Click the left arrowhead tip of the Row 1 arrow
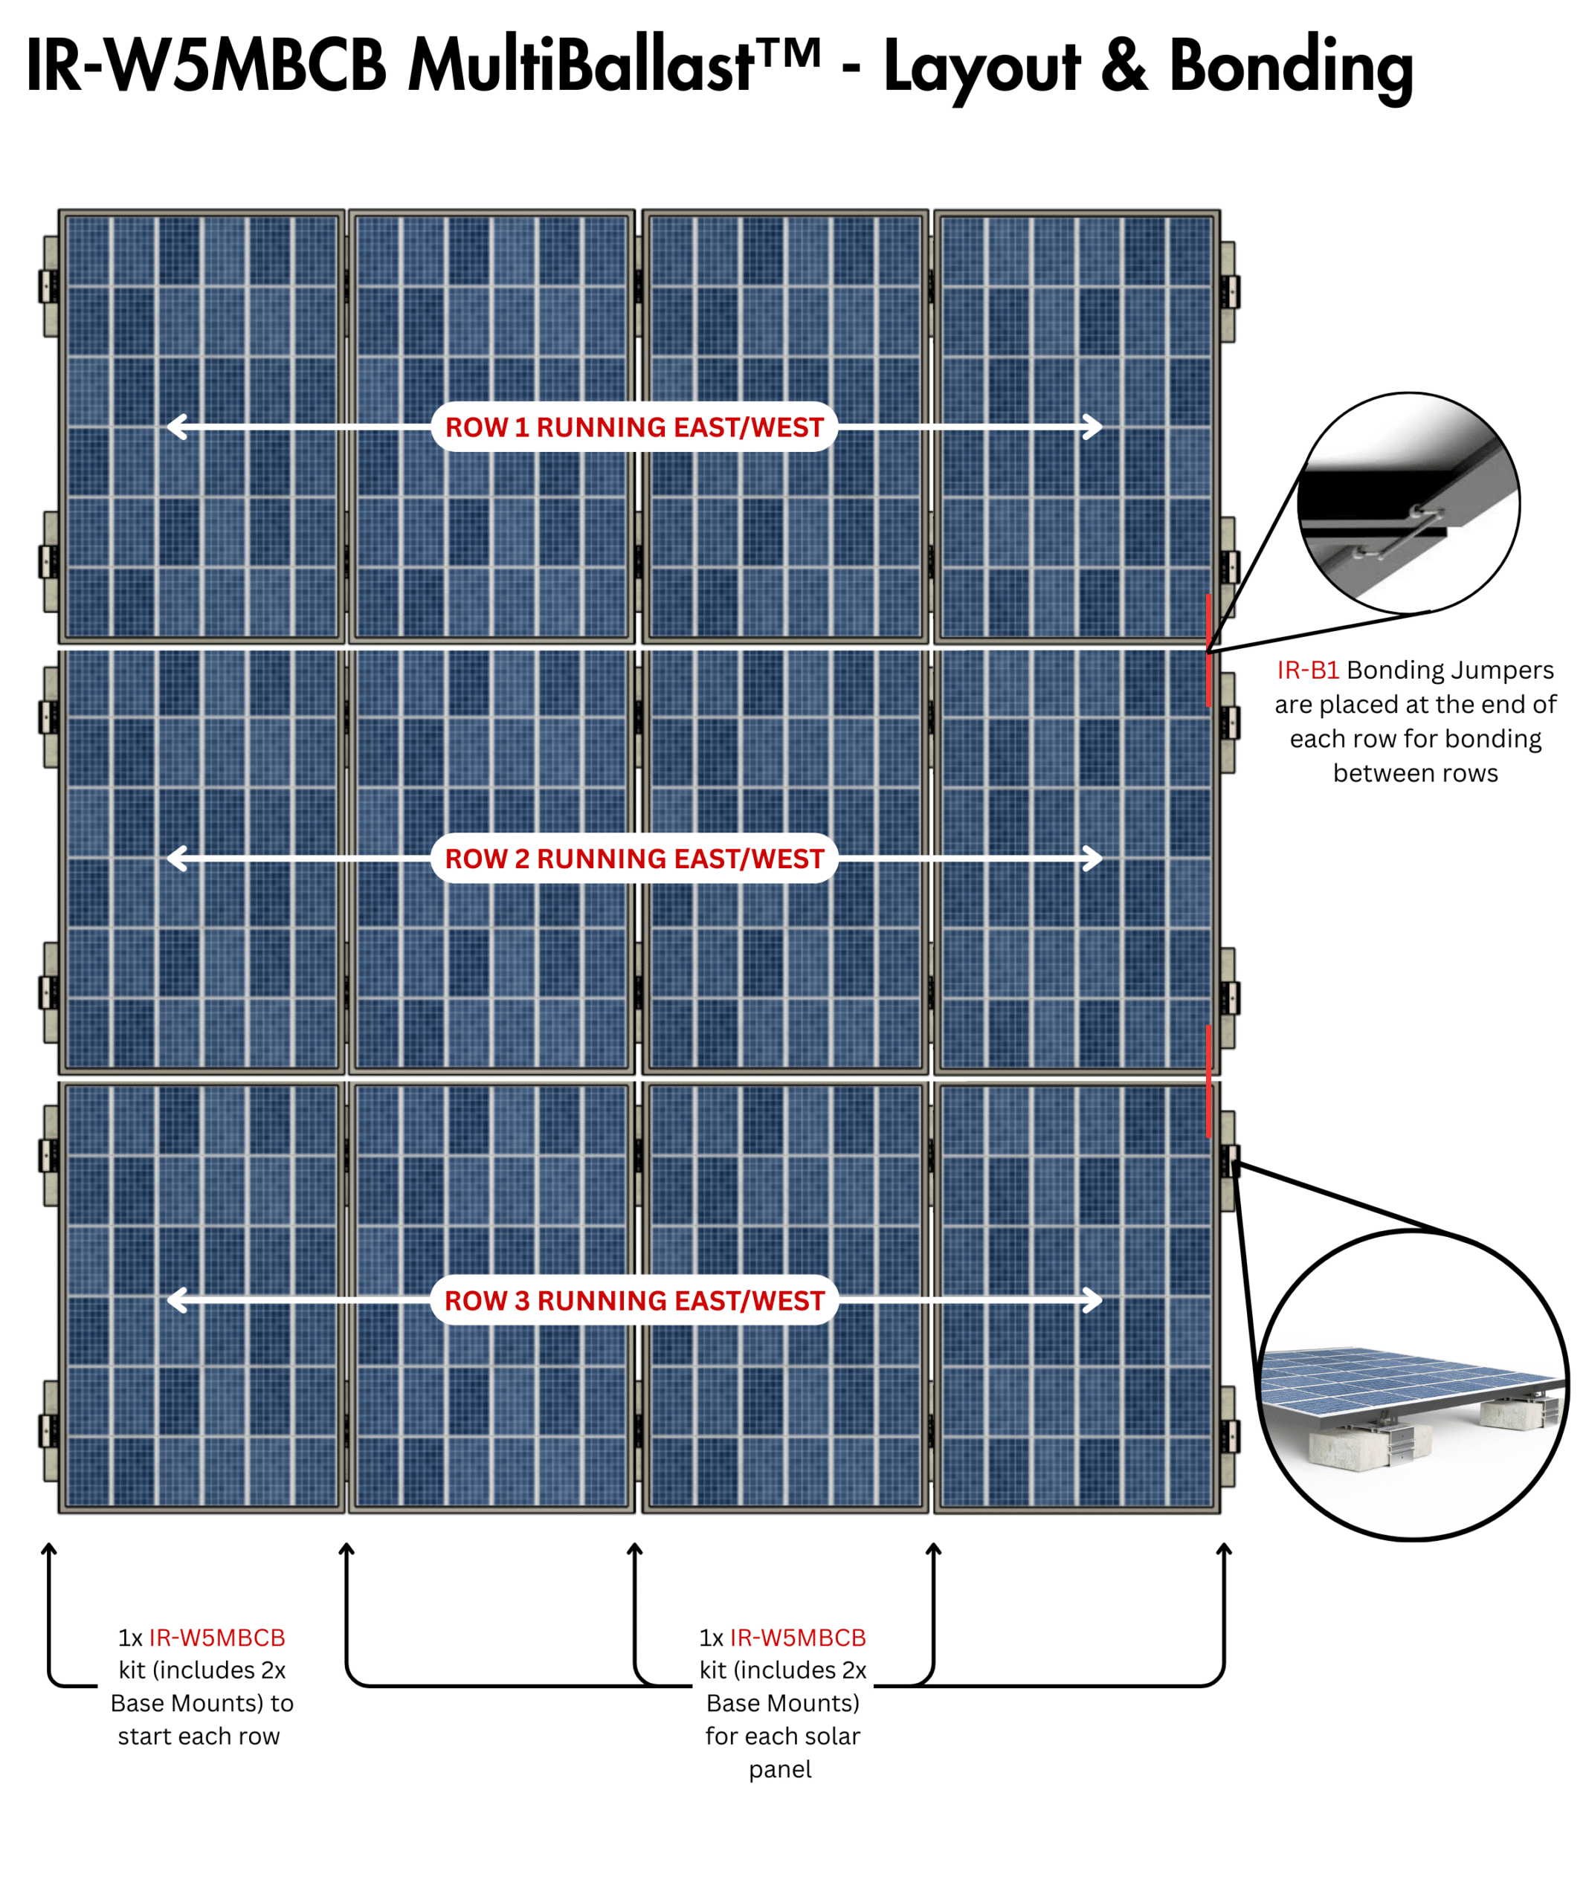click(167, 427)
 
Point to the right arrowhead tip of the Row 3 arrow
click(1103, 1300)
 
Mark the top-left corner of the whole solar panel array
click(59, 210)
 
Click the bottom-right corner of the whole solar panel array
click(1221, 1513)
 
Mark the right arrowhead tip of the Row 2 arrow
click(1103, 858)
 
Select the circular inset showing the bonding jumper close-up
click(1408, 503)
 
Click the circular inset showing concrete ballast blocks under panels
click(1413, 1385)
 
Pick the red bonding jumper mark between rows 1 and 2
click(1208, 650)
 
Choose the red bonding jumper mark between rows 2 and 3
click(1208, 1080)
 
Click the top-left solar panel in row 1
click(202, 427)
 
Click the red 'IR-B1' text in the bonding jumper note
click(1307, 670)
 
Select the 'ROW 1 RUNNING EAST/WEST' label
click(634, 427)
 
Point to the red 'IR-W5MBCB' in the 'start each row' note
click(216, 1638)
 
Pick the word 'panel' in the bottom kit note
click(780, 1770)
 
